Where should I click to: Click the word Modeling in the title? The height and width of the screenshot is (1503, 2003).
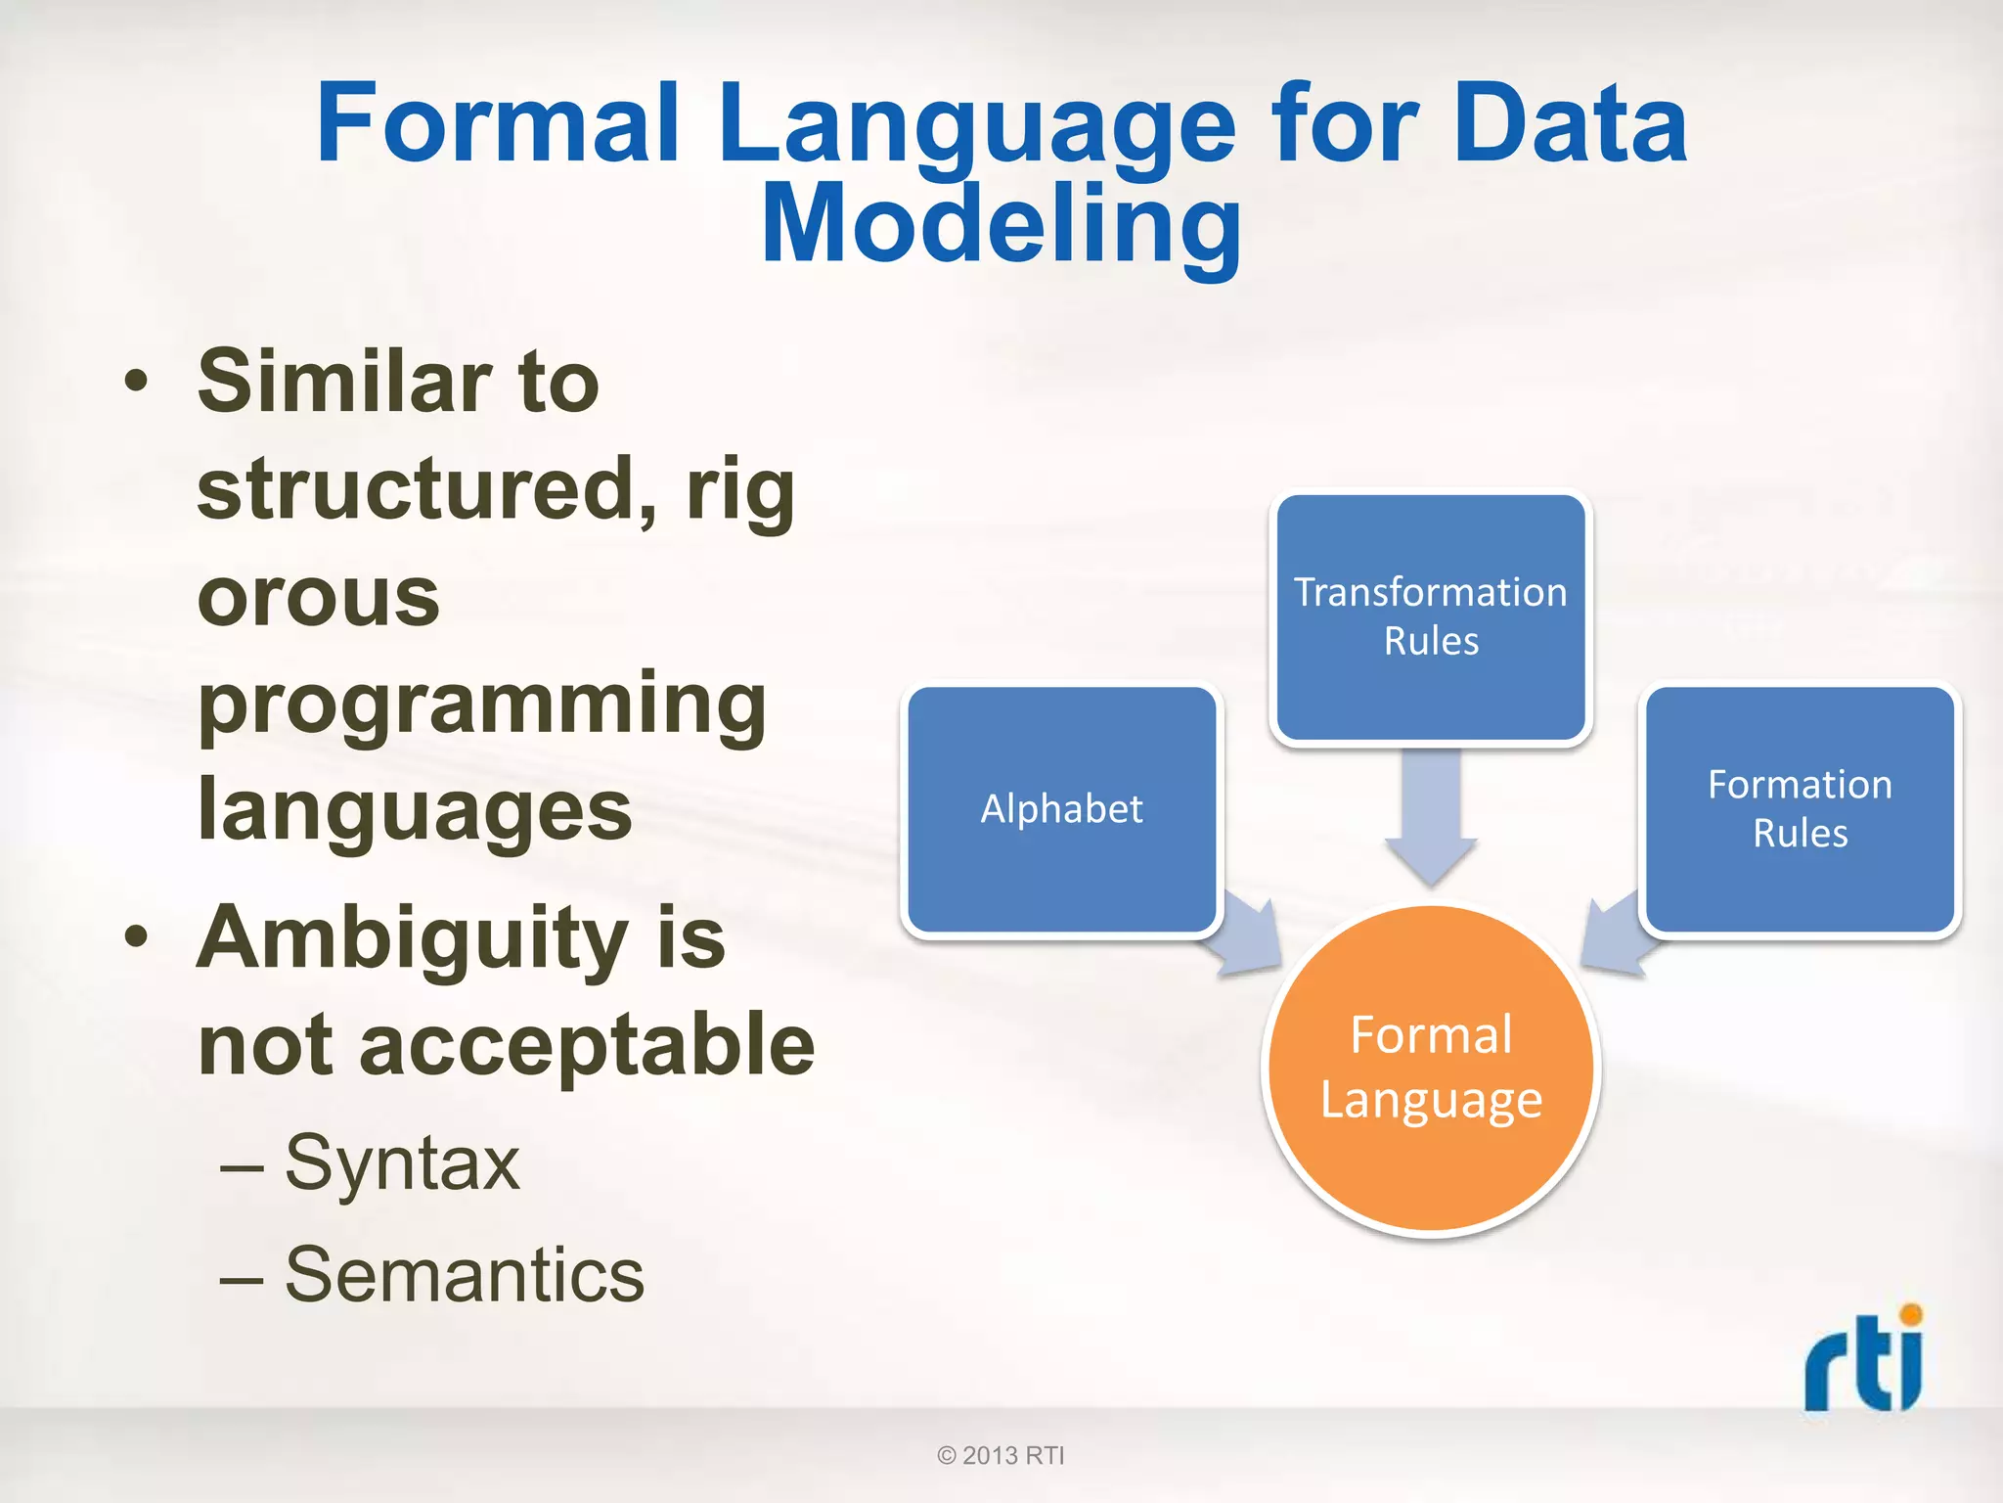pyautogui.click(x=1001, y=225)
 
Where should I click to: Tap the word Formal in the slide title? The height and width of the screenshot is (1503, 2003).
pyautogui.click(x=498, y=124)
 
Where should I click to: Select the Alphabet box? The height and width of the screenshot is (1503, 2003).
pyautogui.click(x=1061, y=809)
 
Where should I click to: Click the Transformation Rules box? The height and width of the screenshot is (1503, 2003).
pyautogui.click(x=1430, y=616)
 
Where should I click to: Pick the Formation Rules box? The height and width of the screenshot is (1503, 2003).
pyautogui.click(x=1800, y=808)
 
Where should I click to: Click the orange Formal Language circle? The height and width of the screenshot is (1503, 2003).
pyautogui.click(x=1430, y=1069)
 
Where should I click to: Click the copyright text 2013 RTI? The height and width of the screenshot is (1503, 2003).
pyautogui.click(x=1001, y=1455)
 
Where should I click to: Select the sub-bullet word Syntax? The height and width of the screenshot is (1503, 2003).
pyautogui.click(x=402, y=1163)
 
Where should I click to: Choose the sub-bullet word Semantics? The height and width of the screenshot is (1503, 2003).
pyautogui.click(x=465, y=1275)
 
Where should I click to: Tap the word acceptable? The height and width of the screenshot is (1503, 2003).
pyautogui.click(x=587, y=1045)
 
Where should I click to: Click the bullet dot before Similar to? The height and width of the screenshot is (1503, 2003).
pyautogui.click(x=137, y=382)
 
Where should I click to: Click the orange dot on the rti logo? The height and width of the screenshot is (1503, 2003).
pyautogui.click(x=1910, y=1314)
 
